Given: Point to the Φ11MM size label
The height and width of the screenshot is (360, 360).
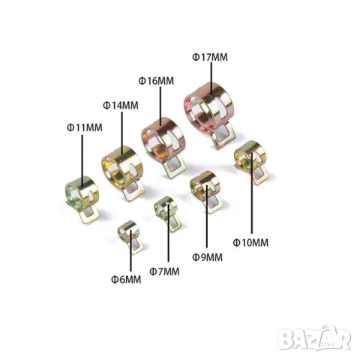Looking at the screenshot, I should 84,127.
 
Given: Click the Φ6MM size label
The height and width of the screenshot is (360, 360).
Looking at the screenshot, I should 125,279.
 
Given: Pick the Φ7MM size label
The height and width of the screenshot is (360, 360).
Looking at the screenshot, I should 164,270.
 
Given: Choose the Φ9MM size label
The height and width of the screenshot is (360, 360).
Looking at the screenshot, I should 208,257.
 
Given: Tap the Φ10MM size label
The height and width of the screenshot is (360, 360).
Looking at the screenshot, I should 250,242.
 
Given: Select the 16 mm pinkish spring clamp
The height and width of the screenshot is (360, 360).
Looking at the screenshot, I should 160,138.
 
